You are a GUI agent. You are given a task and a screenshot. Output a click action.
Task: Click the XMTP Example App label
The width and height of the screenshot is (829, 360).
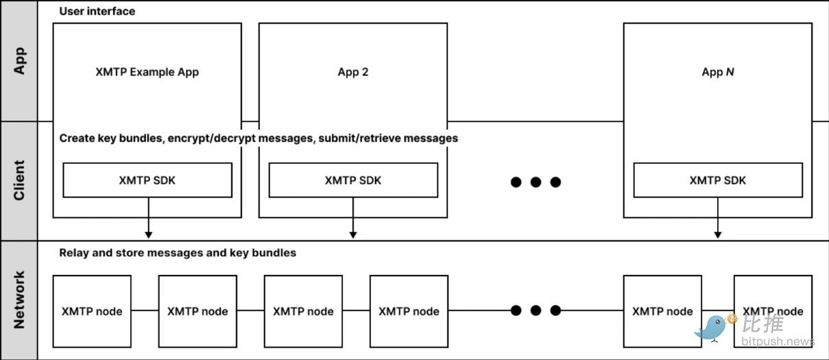(147, 72)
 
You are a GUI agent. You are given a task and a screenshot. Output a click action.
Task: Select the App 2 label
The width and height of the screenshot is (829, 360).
(353, 72)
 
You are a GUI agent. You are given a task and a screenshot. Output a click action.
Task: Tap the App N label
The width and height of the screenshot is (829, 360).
(718, 72)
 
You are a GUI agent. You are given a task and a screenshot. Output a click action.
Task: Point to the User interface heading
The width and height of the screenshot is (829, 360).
(97, 11)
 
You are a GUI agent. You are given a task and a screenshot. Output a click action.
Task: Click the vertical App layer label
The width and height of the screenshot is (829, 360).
(19, 60)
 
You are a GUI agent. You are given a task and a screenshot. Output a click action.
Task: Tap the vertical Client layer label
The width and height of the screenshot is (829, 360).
(19, 180)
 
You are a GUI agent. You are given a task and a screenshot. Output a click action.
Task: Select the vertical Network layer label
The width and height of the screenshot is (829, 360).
(19, 300)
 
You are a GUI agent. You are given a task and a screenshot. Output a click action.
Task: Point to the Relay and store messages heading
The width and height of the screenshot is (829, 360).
(178, 253)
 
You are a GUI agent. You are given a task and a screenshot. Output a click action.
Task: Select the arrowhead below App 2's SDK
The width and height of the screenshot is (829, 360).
(353, 235)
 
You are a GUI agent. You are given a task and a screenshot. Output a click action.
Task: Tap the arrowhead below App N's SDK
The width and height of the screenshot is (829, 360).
(718, 235)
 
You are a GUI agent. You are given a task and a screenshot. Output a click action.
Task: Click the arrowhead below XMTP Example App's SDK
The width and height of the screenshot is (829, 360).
(148, 235)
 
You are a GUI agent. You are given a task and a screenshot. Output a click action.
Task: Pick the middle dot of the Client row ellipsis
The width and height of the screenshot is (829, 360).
(536, 182)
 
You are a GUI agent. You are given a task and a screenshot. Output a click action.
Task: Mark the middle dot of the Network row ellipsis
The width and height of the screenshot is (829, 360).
(536, 311)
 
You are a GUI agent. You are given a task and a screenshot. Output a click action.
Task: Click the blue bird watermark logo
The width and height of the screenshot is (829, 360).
(714, 328)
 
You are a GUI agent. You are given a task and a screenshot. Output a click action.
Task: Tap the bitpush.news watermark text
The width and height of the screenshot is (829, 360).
(778, 341)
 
